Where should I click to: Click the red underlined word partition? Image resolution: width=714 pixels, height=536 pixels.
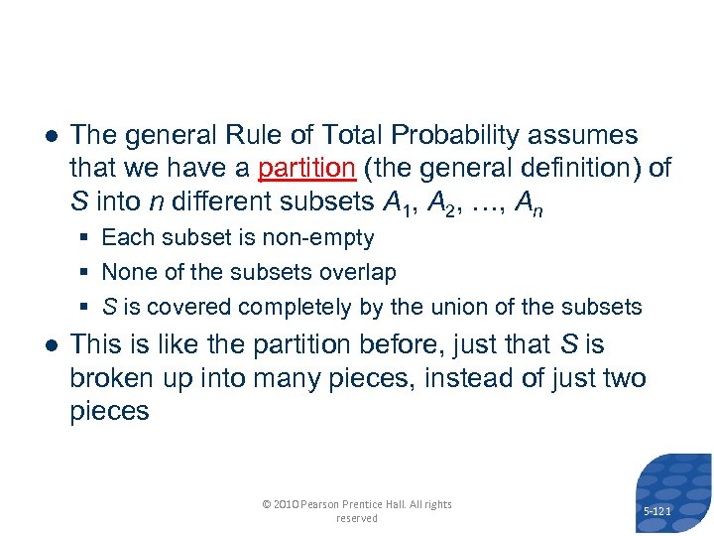coord(305,168)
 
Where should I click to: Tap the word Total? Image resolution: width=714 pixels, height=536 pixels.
coord(355,134)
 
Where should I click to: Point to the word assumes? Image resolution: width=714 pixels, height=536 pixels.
coord(592,134)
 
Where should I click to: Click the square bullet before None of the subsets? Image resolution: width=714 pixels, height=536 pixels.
coord(88,272)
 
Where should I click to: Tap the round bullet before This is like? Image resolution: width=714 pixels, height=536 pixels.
coord(49,344)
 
